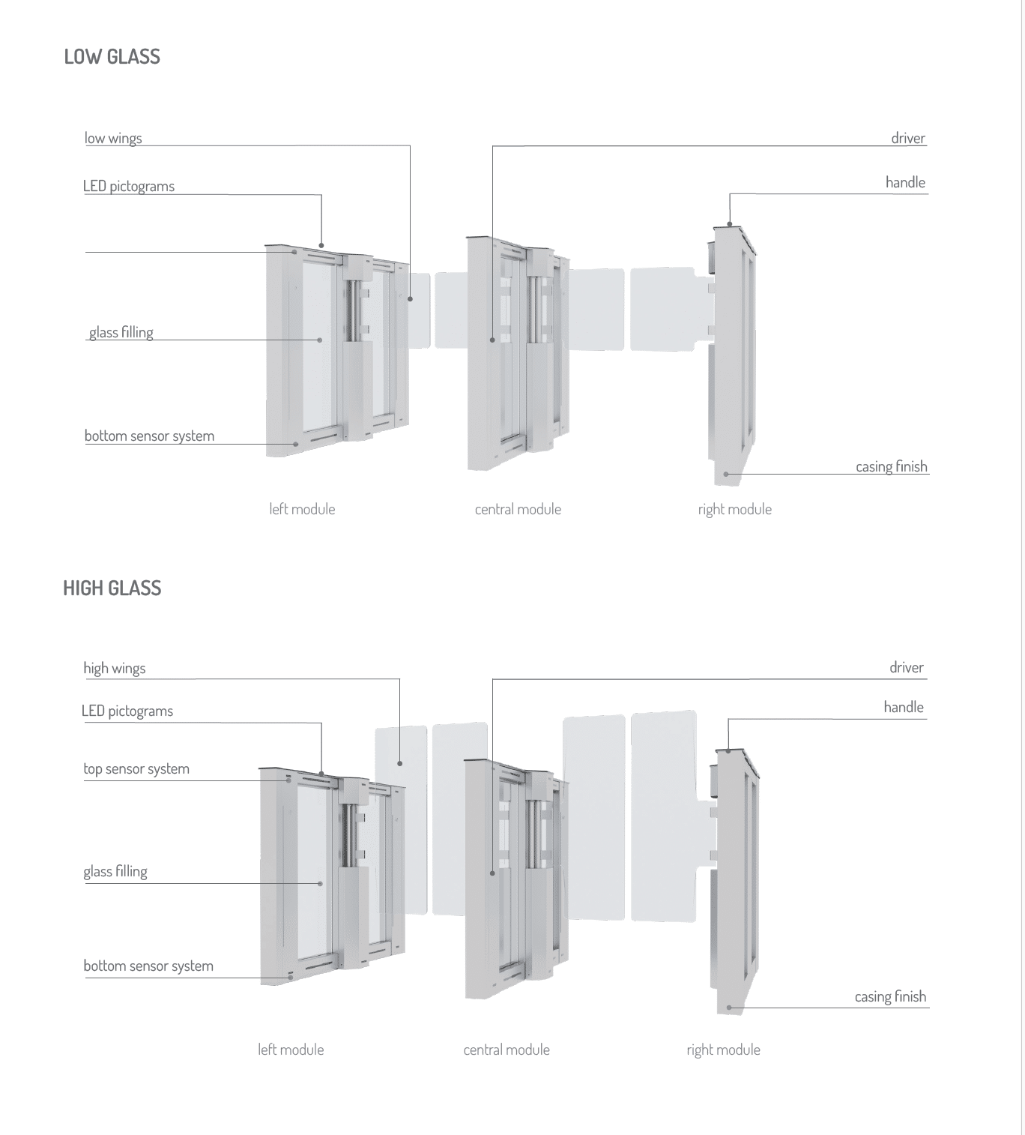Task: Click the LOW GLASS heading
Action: [112, 57]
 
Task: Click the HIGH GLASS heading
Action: [112, 588]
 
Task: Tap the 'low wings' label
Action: [113, 138]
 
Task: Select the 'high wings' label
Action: [115, 668]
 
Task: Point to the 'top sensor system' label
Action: [136, 768]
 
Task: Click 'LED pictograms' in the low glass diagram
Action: [129, 186]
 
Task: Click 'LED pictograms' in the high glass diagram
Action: [127, 711]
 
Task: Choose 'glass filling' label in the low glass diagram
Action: [121, 332]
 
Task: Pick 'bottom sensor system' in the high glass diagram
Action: [148, 966]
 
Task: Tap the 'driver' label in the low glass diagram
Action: [908, 138]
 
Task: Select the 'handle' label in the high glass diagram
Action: [904, 707]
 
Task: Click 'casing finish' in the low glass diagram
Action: [892, 466]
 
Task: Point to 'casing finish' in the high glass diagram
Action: [890, 996]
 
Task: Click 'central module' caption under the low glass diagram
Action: [518, 509]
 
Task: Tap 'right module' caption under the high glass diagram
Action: [723, 1050]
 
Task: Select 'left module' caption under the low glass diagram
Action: [302, 509]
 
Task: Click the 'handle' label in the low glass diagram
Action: [905, 182]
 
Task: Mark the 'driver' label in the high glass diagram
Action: [907, 667]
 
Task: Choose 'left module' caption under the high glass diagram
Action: [291, 1050]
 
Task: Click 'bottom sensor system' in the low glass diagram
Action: [149, 436]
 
